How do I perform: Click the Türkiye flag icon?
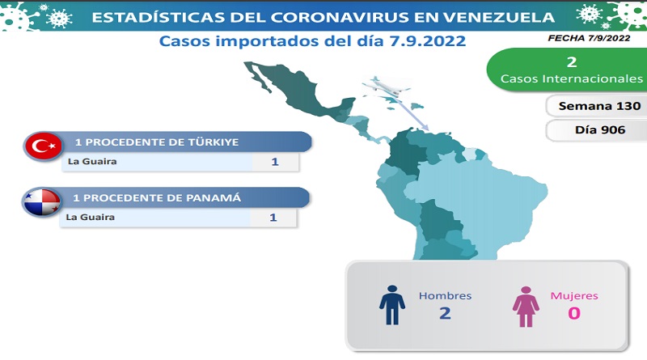tap(43, 146)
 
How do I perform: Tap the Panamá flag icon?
tap(41, 202)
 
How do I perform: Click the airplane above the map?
tap(387, 87)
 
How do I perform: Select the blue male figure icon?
tap(392, 305)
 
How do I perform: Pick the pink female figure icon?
tap(526, 307)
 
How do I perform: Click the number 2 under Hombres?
tap(445, 313)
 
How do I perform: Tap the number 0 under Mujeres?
tap(574, 313)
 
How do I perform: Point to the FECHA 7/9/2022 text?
tap(589, 38)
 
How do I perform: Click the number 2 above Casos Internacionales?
tap(572, 62)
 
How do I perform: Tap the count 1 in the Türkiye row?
tap(275, 162)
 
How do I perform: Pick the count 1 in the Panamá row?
tap(273, 218)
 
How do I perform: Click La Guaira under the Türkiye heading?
tap(92, 162)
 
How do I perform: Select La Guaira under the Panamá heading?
tap(90, 217)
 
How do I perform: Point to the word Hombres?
tap(445, 295)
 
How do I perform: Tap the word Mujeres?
tap(574, 295)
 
